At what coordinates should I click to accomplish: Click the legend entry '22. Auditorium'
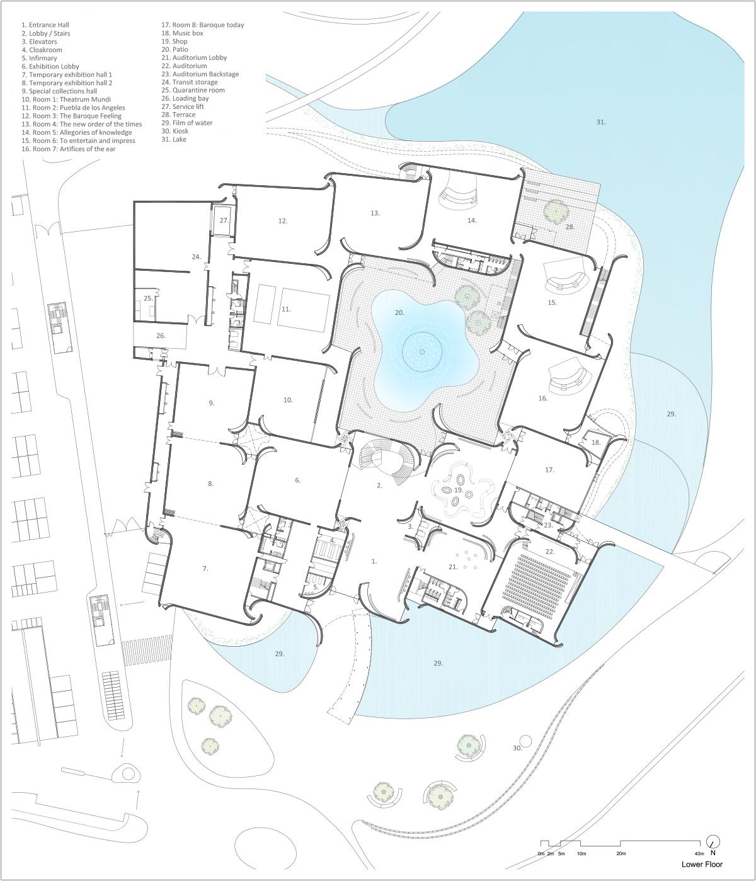tap(184, 65)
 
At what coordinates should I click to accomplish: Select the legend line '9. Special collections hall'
tap(59, 91)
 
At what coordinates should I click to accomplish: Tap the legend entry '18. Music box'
tap(182, 33)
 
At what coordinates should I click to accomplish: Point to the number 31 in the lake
tap(601, 122)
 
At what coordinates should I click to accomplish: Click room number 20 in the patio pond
tap(399, 313)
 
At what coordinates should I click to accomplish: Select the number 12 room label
tap(283, 221)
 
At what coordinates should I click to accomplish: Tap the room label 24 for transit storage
tap(196, 257)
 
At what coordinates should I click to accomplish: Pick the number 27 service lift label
tap(224, 221)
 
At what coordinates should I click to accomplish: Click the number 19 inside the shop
tap(459, 490)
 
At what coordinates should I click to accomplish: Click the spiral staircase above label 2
tap(387, 461)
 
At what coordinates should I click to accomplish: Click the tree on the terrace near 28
tap(556, 210)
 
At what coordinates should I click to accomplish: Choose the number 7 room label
tap(205, 569)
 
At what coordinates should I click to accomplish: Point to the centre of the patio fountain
tap(422, 351)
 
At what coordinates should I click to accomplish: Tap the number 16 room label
tap(543, 399)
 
